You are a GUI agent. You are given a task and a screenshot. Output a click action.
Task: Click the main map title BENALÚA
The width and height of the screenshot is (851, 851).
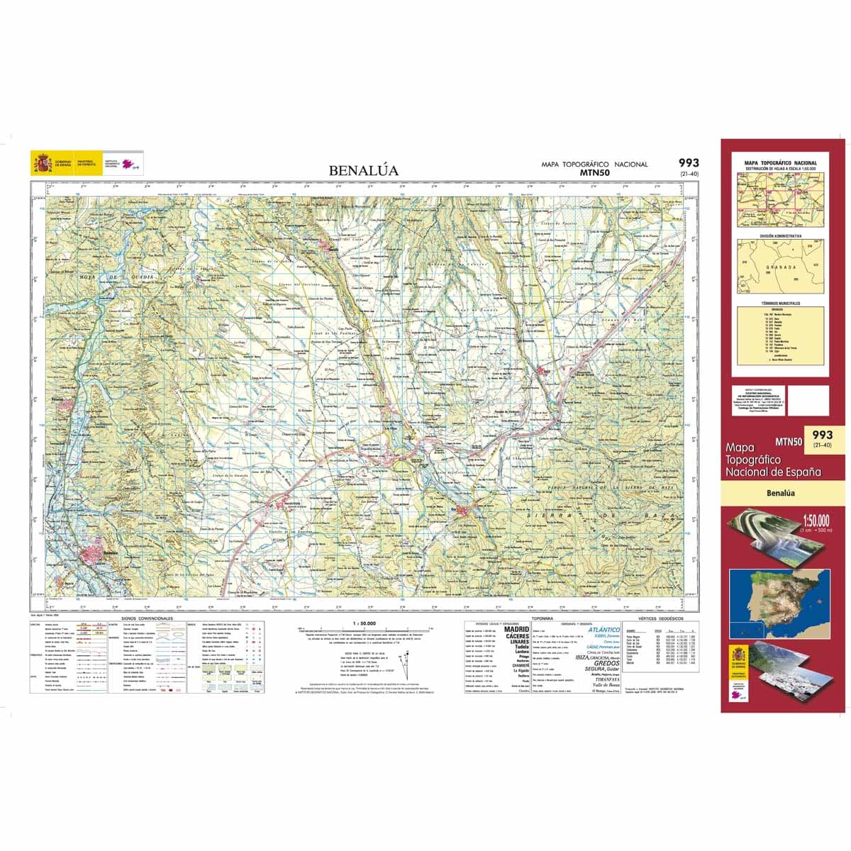coord(364,171)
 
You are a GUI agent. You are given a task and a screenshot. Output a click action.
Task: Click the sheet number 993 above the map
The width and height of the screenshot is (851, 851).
coord(688,163)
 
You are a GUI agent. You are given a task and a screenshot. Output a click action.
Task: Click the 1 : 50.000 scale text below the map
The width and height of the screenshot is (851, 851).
coord(363,623)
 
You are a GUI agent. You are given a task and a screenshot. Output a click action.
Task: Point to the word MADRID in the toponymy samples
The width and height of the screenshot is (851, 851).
coord(516,629)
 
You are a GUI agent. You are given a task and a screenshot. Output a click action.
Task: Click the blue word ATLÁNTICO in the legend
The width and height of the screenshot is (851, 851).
coord(604,629)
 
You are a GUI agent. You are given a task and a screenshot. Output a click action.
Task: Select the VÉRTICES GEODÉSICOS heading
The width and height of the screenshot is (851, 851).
coord(657,619)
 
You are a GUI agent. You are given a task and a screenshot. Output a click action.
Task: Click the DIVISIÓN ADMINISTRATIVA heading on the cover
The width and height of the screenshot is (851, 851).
coord(780,235)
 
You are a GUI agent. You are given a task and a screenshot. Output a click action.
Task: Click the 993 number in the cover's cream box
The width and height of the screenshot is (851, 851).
coord(823,435)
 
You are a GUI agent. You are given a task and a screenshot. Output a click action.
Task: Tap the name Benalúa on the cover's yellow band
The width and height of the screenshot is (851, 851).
coord(781,494)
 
